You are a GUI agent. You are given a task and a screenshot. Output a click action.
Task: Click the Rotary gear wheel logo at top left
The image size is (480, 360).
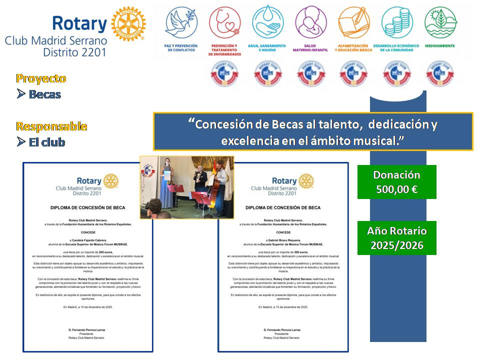coord(128,24)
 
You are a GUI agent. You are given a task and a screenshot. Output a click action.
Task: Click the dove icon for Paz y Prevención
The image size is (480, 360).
coord(180,23)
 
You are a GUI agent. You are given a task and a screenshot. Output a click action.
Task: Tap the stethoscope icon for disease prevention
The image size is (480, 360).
coord(224,23)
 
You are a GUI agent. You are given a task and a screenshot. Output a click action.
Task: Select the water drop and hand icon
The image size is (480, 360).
coord(268,23)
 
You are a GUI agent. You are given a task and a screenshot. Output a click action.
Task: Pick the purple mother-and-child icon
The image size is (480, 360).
coord(310,23)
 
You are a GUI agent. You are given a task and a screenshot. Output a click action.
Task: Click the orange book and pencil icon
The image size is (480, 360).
coord(353,23)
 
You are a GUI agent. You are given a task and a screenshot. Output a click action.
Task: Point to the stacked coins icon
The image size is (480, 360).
coord(396,23)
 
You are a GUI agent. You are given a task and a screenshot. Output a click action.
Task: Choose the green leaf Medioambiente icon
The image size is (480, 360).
coord(440,23)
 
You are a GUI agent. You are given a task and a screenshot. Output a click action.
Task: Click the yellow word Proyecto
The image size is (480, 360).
coord(41,78)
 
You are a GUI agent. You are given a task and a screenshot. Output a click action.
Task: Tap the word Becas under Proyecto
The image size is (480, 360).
coord(45,94)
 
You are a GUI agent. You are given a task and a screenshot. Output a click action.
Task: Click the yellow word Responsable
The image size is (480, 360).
coord(51,126)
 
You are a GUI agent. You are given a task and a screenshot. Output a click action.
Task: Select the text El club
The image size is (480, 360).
coord(47,142)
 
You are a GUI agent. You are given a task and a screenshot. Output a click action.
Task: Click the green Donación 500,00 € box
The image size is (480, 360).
coord(397,182)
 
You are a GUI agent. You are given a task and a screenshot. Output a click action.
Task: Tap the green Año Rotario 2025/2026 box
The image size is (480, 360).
coord(397,238)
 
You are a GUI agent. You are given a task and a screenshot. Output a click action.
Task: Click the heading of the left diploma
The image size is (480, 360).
coord(88,207)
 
